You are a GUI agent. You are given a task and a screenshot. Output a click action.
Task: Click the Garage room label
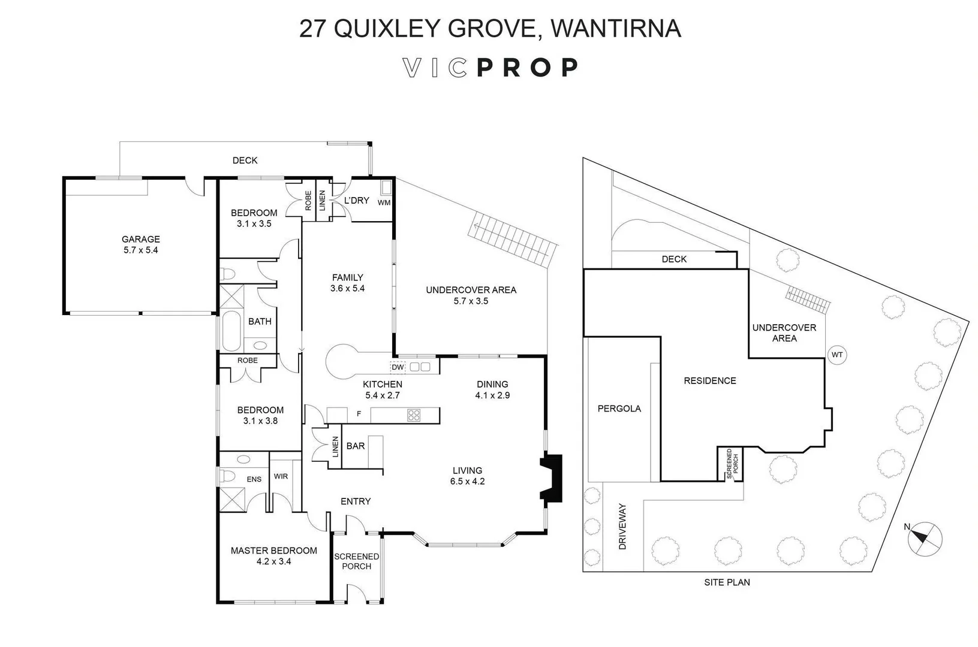point(141,239)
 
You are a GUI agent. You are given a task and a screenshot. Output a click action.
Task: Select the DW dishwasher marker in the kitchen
point(398,367)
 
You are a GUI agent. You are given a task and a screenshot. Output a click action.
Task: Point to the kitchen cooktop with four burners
point(414,415)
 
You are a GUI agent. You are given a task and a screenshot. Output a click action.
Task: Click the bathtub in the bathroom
point(231,330)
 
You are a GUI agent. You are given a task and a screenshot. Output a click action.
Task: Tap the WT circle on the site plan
point(837,355)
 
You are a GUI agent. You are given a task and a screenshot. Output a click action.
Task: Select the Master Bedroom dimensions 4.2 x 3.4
point(273,561)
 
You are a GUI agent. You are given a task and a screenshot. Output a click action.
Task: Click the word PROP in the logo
point(528,68)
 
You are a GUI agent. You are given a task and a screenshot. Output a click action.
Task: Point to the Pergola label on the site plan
point(619,409)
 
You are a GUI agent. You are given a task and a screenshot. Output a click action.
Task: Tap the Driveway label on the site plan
point(622,527)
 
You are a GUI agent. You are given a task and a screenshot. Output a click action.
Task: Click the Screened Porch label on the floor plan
point(356,561)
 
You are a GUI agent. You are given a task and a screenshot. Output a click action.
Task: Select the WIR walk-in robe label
point(281,476)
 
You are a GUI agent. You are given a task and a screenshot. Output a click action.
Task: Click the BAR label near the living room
point(356,446)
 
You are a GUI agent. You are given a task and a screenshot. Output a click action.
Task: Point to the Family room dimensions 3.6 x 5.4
point(347,288)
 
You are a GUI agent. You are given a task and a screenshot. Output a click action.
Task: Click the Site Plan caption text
point(727,582)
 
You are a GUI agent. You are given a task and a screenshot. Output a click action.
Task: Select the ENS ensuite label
point(254,479)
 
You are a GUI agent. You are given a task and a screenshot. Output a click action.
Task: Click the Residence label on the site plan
point(710,380)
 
